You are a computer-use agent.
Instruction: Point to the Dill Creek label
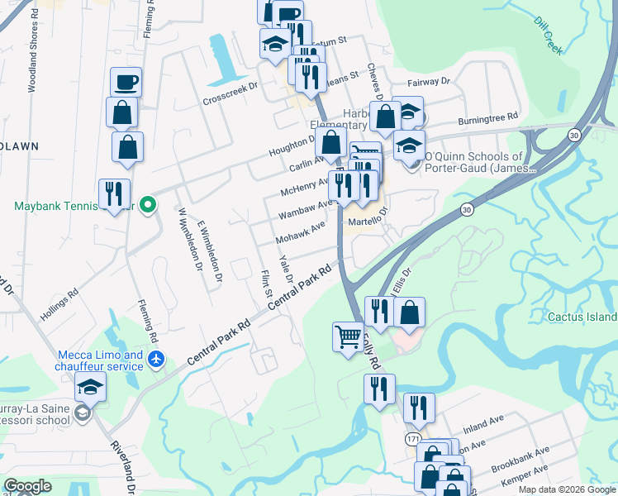[x=548, y=36]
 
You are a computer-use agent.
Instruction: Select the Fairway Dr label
[x=428, y=82]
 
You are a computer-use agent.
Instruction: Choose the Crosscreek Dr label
[x=231, y=93]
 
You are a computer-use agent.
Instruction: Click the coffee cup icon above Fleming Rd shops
[x=126, y=82]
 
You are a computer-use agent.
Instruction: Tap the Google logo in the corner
[x=27, y=486]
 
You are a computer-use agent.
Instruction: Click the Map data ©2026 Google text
[x=567, y=489]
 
